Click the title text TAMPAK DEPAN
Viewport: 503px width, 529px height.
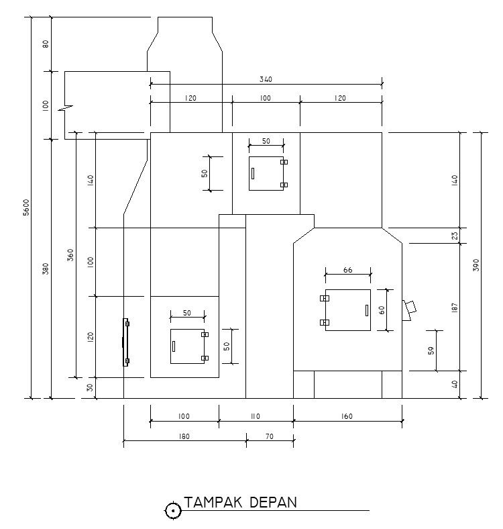tap(241, 503)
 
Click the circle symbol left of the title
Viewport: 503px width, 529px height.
tap(173, 511)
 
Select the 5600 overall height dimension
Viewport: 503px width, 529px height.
tap(26, 207)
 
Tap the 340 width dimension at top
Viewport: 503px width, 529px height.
tap(266, 80)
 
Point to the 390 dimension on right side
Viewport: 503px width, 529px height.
tap(476, 264)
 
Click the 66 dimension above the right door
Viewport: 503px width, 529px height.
tap(347, 270)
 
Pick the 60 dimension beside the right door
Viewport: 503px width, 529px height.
tap(382, 310)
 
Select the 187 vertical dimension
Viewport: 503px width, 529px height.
tap(454, 307)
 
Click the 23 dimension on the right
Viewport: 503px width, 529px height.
tap(454, 236)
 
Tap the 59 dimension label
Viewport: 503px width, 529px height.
tap(431, 350)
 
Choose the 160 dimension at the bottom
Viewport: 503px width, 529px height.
tap(346, 417)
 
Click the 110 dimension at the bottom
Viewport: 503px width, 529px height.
tap(255, 417)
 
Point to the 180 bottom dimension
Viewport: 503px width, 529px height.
tap(184, 436)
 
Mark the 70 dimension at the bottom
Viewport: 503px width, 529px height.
tap(269, 436)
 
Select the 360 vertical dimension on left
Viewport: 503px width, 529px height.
tap(70, 256)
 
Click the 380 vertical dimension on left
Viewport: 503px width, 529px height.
tap(46, 269)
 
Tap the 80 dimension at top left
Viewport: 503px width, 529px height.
tap(46, 44)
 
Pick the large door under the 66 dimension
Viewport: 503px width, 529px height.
tap(347, 310)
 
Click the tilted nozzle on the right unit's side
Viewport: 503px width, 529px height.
tap(408, 309)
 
